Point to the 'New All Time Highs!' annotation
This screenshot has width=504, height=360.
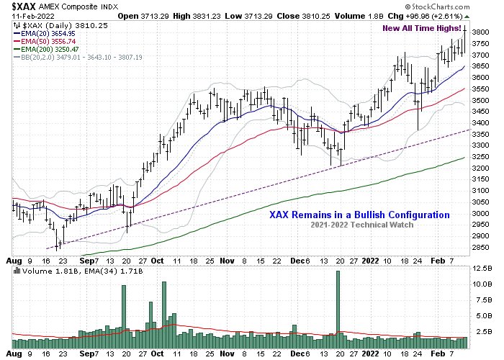[423, 28]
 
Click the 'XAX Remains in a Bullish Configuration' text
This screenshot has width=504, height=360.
[359, 215]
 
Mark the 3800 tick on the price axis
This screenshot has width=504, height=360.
[482, 32]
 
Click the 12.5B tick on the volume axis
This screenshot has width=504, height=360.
[482, 269]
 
